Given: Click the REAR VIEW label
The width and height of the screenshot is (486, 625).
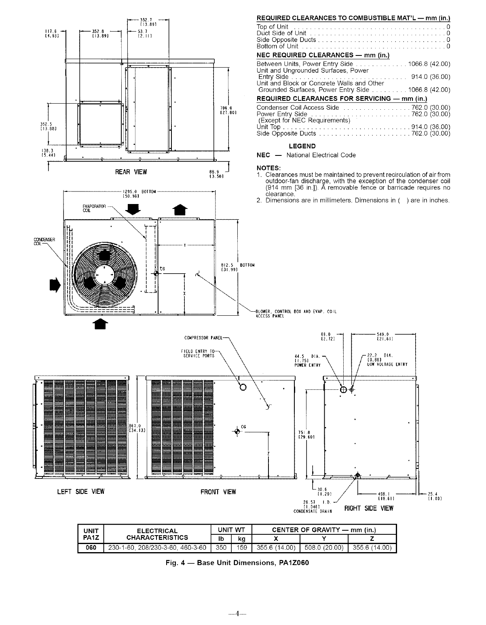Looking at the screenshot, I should [131, 172].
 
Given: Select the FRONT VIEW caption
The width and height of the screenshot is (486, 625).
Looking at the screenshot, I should [218, 492].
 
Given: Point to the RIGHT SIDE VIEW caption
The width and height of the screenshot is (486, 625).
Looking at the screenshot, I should [368, 508].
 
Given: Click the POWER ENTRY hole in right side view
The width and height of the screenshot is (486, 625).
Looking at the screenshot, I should [343, 389].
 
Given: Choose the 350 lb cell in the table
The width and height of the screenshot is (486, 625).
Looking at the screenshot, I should [221, 548].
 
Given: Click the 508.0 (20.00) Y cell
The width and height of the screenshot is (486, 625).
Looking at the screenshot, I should [324, 548].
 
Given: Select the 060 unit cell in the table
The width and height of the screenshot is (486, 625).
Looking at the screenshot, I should [91, 548].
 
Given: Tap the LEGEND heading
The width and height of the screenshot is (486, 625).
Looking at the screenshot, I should [302, 146].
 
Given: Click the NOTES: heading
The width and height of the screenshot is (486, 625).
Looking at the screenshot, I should [268, 168].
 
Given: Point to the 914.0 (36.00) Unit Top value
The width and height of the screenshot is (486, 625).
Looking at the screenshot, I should [430, 127].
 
